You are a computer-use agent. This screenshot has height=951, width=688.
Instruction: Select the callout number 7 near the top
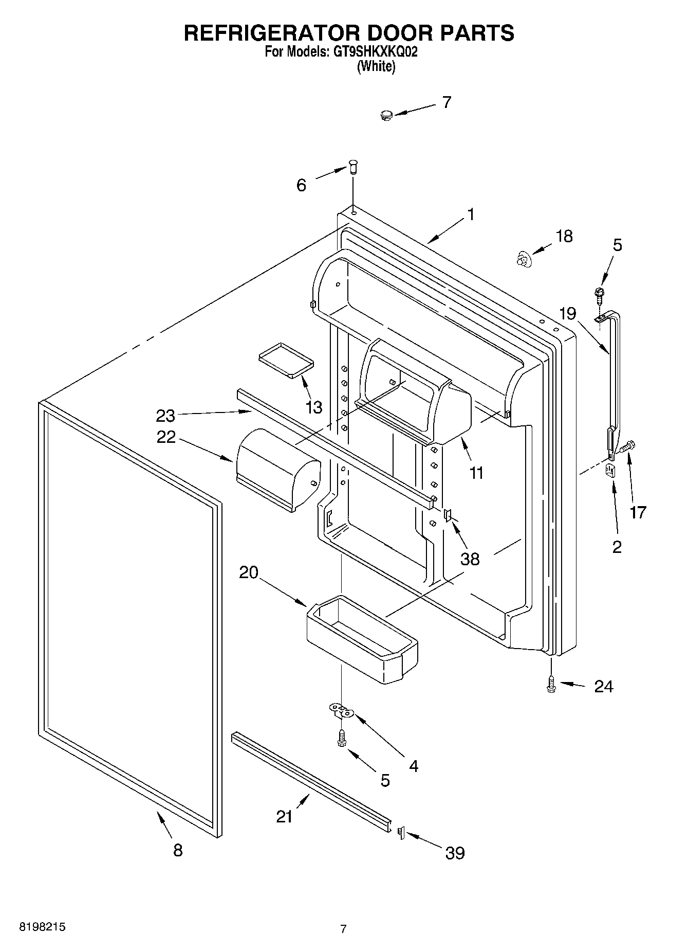pos(447,102)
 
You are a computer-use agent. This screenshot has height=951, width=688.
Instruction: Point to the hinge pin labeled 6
pos(353,167)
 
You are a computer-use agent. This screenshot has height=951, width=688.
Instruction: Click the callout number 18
pos(564,236)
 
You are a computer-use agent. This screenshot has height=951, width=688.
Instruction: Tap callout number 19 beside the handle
pos(567,313)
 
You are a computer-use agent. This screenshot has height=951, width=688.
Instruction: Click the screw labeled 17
pos(627,446)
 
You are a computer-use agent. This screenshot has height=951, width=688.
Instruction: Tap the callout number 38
pos(470,559)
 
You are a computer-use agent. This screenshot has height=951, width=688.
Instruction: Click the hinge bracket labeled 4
pos(341,711)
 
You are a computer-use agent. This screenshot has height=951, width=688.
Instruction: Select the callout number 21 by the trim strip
pos(284,816)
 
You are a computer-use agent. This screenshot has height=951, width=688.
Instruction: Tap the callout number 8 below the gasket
pos(177,850)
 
